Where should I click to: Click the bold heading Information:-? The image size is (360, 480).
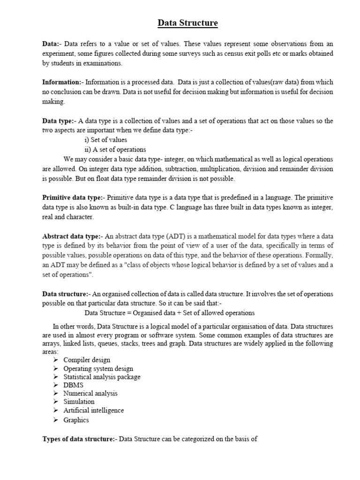[63, 82]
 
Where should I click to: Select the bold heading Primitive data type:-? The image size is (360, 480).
[72, 198]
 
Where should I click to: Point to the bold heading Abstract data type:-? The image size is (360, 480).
[72, 237]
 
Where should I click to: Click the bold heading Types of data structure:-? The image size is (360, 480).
[79, 439]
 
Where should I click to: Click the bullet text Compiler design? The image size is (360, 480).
[87, 360]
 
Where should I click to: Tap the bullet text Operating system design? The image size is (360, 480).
[98, 368]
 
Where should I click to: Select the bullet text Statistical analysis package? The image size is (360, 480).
[102, 377]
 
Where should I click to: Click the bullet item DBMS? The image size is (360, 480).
[73, 385]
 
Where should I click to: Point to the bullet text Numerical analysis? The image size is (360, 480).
[90, 393]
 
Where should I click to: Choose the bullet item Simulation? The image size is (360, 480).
[79, 401]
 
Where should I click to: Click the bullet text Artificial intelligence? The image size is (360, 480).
[93, 410]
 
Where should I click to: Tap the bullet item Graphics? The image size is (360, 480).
[76, 420]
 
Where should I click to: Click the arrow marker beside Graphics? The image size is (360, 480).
[55, 420]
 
